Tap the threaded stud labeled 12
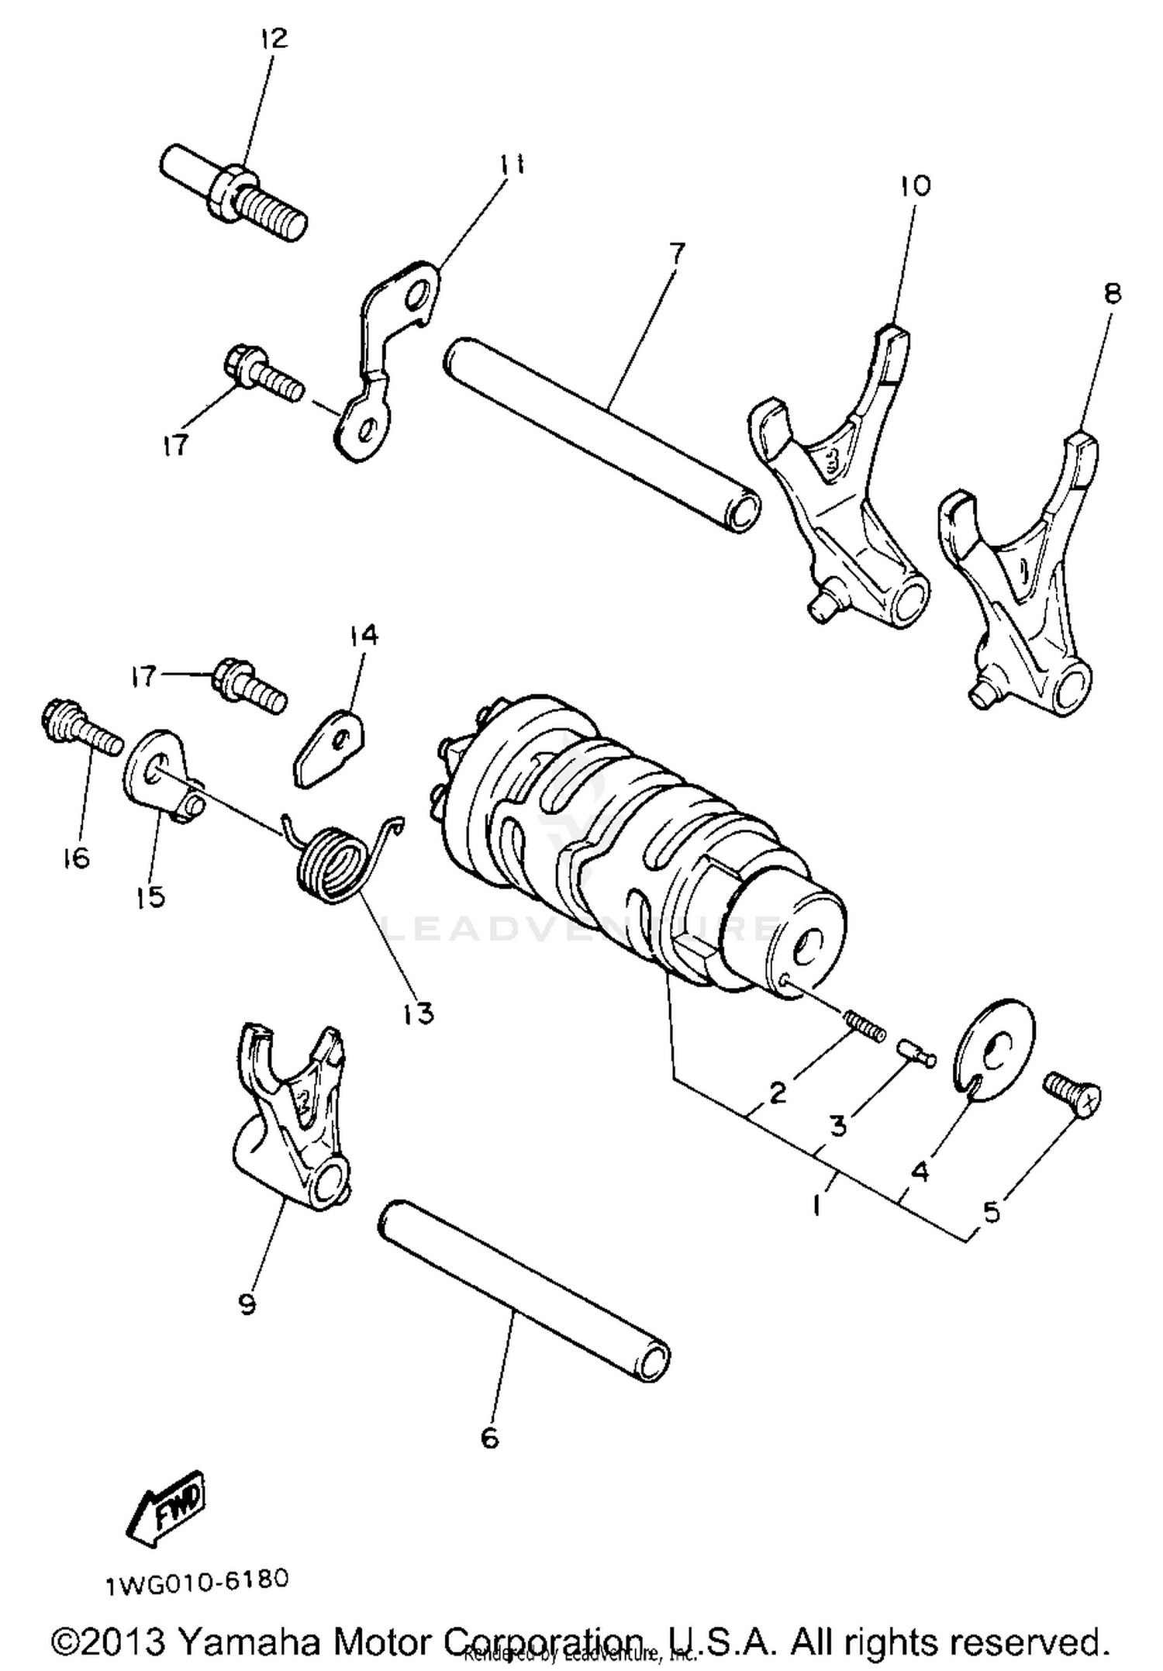pyautogui.click(x=233, y=190)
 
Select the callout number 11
pyautogui.click(x=511, y=164)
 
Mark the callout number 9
pyautogui.click(x=247, y=1305)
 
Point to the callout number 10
pyautogui.click(x=915, y=186)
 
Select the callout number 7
pyautogui.click(x=676, y=254)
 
